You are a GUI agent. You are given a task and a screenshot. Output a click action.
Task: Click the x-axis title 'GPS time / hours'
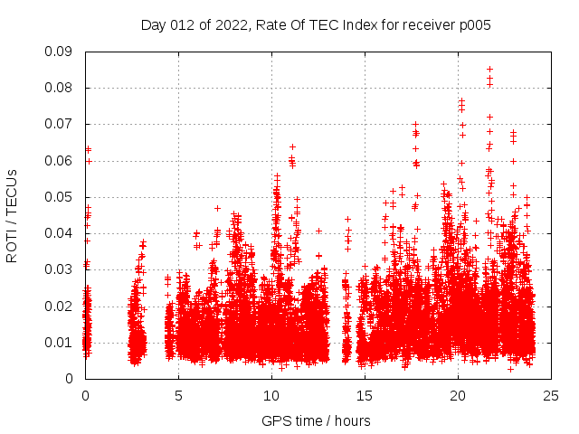(316, 420)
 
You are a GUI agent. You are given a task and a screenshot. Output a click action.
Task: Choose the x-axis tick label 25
(551, 395)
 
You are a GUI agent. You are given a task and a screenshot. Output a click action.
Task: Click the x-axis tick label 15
(365, 395)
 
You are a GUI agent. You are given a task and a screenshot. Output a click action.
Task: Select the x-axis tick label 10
(271, 395)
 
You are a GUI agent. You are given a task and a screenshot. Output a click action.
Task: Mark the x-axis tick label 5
(178, 395)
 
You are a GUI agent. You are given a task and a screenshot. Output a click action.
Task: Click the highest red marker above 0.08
(489, 69)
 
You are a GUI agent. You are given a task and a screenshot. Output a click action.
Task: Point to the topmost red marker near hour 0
(88, 149)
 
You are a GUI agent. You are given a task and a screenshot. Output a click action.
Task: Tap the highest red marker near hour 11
(292, 146)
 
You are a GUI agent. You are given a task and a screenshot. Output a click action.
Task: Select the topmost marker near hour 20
(461, 100)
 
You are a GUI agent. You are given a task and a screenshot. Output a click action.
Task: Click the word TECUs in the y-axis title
(12, 191)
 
